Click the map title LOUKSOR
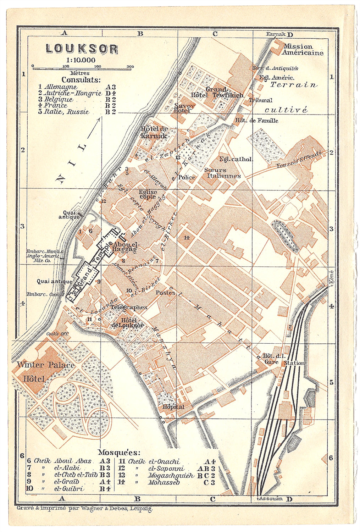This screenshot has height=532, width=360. (82, 49)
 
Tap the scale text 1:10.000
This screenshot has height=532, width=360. (81, 60)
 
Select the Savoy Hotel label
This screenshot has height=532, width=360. (184, 108)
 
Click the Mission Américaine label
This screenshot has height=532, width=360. (303, 50)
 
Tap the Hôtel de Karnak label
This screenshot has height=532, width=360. (154, 132)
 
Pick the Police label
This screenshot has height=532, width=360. (187, 177)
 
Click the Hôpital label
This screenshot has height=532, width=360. (173, 406)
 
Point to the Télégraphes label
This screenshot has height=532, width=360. (129, 307)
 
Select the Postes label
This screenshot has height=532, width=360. (165, 293)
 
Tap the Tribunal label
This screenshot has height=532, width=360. (260, 100)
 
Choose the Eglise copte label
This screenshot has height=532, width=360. (148, 194)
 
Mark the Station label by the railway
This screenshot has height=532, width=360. (294, 363)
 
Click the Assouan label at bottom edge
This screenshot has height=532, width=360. (270, 498)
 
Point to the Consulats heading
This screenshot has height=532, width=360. (81, 80)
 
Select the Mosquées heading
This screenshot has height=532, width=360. (119, 453)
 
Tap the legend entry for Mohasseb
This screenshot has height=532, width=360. (164, 482)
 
